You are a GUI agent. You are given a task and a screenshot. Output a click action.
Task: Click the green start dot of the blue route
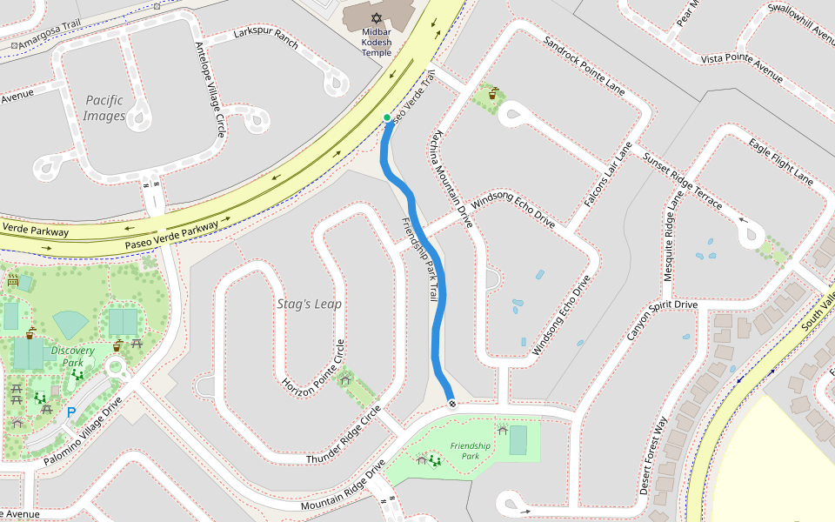387,117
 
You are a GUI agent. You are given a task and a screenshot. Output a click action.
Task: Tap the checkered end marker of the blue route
452,404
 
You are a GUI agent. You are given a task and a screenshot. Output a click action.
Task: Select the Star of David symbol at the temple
377,17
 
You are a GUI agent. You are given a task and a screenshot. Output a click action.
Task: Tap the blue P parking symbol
71,412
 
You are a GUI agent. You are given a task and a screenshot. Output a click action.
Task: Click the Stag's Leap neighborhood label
309,304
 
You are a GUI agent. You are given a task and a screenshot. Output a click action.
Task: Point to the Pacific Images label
104,108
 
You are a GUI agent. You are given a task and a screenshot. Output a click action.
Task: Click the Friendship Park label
471,451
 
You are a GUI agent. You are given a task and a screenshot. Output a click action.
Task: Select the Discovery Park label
72,356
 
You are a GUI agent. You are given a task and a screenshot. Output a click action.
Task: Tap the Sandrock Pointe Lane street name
584,65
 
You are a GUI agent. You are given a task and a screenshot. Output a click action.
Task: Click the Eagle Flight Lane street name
780,162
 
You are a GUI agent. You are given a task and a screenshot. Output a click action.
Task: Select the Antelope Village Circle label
210,88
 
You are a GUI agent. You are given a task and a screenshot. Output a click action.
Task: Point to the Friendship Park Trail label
418,258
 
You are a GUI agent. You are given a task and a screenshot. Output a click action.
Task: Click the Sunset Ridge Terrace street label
683,178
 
